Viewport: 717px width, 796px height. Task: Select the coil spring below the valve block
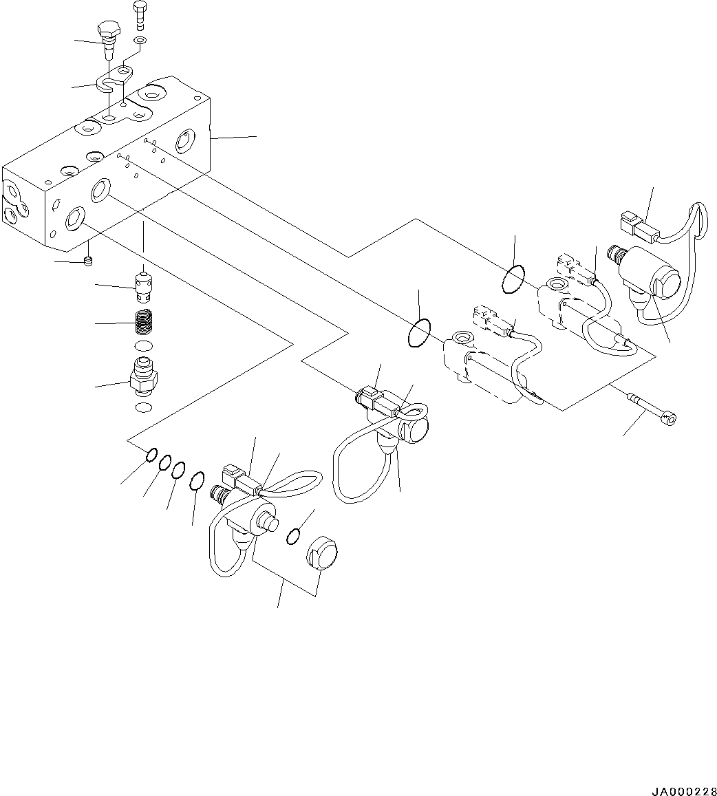coord(142,321)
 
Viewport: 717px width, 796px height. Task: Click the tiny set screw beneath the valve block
coord(87,260)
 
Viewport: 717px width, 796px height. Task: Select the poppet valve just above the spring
coord(142,285)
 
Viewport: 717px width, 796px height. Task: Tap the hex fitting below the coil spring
coord(143,377)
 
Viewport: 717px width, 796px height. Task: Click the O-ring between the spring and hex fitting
coord(142,345)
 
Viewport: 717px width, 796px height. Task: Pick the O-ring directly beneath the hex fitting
coord(143,409)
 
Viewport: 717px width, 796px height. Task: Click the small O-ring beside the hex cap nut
coord(294,536)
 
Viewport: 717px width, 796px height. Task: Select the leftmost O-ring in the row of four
coord(152,455)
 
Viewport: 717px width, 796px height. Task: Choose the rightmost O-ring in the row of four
coord(197,481)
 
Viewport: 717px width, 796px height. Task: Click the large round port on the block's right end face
coord(186,142)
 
